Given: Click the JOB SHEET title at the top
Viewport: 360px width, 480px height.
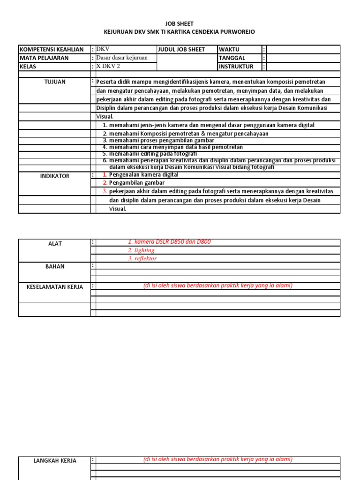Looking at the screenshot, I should (180, 23).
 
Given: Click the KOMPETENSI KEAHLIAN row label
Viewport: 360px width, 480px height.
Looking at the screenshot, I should (52, 49).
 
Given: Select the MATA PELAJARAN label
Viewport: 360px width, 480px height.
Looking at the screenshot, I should (44, 58).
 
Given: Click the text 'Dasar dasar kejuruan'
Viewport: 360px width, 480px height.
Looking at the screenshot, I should (122, 58).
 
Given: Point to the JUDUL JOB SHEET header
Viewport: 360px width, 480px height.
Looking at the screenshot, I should (181, 49).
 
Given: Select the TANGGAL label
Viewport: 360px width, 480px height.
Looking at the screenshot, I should (232, 58).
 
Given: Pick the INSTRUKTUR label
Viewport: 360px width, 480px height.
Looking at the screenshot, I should (235, 67).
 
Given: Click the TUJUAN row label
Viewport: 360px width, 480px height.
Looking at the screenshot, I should (55, 82).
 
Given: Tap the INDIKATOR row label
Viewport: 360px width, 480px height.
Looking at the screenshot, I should (55, 176).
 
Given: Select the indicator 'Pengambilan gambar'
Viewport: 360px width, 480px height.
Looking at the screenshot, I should (136, 183).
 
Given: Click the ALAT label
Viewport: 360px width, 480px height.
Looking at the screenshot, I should (55, 244).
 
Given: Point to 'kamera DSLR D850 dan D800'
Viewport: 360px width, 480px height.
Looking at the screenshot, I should (169, 242).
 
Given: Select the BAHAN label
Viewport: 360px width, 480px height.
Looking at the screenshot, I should (55, 267).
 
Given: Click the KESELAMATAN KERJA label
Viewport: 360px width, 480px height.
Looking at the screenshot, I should (55, 287).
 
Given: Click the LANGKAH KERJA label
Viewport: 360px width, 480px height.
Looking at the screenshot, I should (55, 461).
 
